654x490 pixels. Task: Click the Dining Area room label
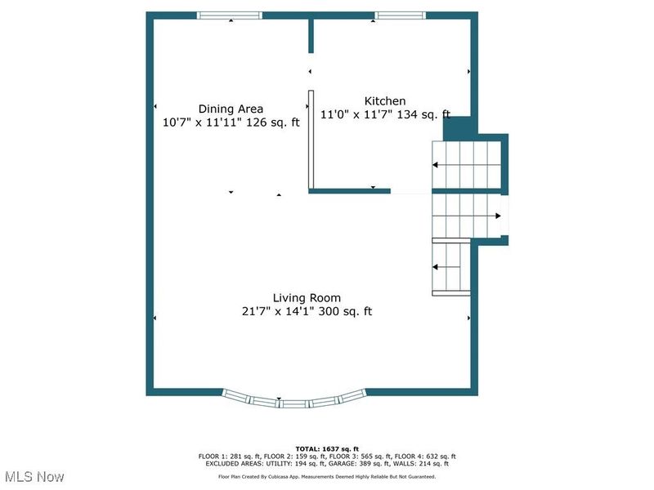pyautogui.click(x=231, y=109)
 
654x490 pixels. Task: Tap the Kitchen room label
pyautogui.click(x=385, y=101)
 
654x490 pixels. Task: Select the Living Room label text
pyautogui.click(x=307, y=298)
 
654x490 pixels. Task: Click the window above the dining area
pyautogui.click(x=231, y=15)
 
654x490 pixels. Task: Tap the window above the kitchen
pyautogui.click(x=400, y=15)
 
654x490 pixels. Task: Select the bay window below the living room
pyautogui.click(x=293, y=399)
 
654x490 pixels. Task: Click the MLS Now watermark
pyautogui.click(x=34, y=475)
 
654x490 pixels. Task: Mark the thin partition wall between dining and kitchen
pyautogui.click(x=311, y=140)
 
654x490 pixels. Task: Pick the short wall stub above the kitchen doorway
pyautogui.click(x=311, y=36)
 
